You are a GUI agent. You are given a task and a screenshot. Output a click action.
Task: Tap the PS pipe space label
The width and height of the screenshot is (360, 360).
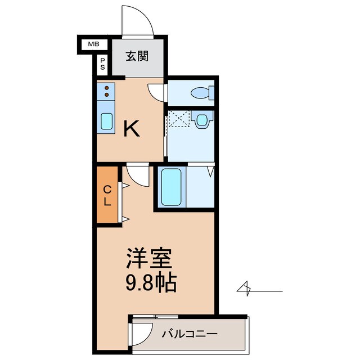[x=102, y=64]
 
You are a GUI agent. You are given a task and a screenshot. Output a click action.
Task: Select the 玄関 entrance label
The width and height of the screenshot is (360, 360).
[x=137, y=56]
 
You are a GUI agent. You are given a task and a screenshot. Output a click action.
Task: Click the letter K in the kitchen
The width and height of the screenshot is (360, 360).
[x=131, y=129]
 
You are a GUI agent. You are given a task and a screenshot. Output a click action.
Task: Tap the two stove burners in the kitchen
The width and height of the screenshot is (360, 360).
[x=106, y=91]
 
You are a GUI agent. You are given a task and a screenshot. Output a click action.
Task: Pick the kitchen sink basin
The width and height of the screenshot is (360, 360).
[x=106, y=120]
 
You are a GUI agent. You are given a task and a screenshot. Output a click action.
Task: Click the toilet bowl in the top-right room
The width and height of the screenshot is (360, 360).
[x=200, y=93]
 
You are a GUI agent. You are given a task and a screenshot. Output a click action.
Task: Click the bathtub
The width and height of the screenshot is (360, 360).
[x=172, y=187]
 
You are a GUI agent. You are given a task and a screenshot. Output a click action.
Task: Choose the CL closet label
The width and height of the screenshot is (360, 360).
[x=106, y=195]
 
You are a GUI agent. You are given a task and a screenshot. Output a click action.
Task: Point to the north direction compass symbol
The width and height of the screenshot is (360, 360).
[x=246, y=289]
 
